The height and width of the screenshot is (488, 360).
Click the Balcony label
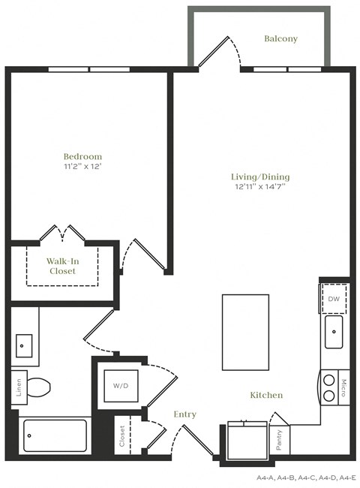281,39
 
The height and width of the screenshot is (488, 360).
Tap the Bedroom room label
82,157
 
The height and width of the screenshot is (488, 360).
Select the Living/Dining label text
259,177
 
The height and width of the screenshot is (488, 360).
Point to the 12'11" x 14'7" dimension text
259,188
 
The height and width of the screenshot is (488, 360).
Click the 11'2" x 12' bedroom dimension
82,167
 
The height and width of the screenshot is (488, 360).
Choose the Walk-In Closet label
62,266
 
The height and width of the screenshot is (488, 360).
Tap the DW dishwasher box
334,299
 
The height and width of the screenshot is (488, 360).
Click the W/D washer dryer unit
120,386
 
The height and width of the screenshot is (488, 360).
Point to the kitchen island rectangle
245,332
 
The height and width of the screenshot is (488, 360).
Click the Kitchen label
266,395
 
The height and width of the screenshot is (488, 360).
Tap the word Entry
184,414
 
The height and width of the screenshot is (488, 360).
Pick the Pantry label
279,438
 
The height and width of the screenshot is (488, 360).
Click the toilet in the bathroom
37,388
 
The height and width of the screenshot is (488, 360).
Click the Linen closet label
17,390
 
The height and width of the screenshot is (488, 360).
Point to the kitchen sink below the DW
334,332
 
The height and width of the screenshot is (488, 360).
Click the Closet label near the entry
122,436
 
